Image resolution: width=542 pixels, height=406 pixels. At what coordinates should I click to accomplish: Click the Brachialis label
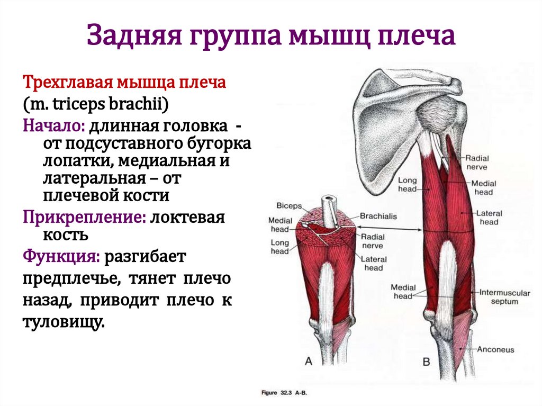[x=378, y=216]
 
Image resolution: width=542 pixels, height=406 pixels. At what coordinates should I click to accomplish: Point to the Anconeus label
[x=495, y=349]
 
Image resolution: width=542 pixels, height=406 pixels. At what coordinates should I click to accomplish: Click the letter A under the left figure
[x=309, y=362]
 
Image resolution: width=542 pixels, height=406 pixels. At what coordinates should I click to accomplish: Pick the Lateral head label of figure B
[x=489, y=218]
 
